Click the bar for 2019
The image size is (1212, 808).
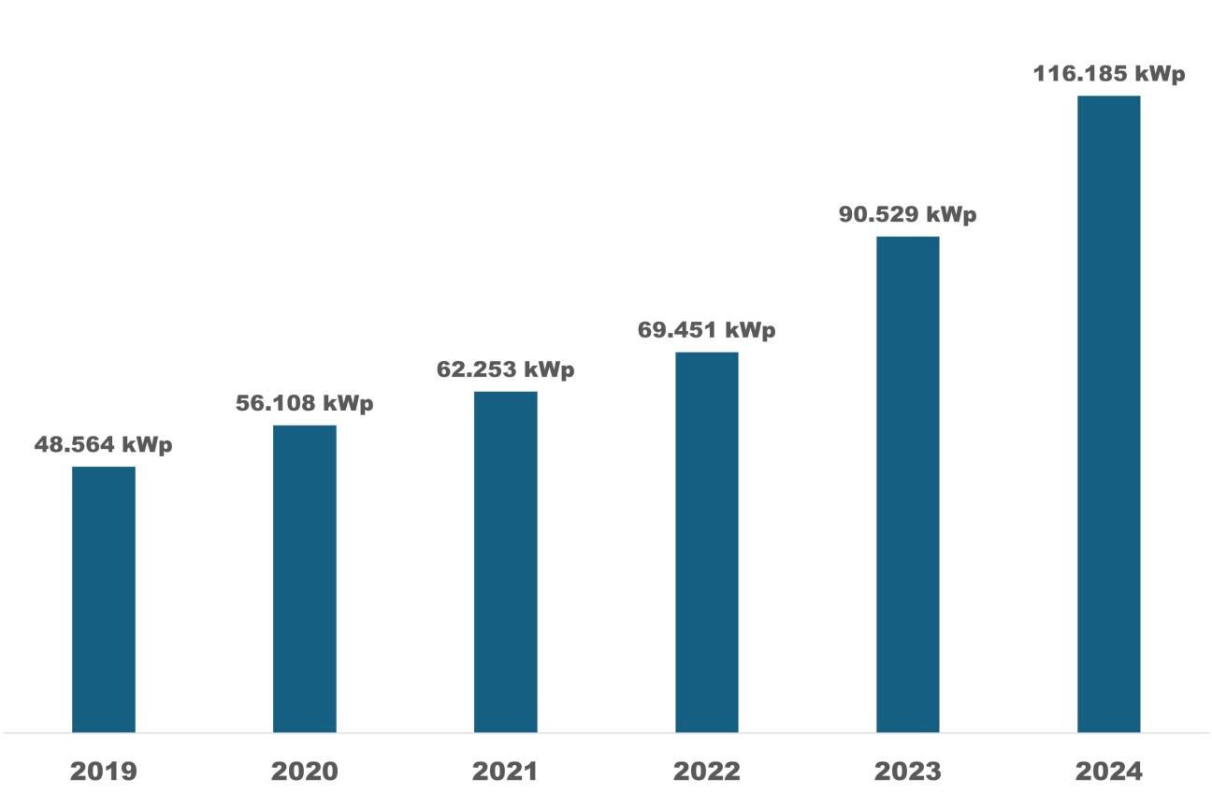click(x=104, y=599)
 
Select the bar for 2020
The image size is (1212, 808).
click(x=305, y=578)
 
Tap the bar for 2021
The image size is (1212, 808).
click(x=506, y=561)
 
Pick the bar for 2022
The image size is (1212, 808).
click(x=707, y=541)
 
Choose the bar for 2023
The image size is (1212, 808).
click(x=908, y=483)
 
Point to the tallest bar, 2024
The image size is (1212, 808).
click(x=1109, y=413)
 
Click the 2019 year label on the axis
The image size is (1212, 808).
click(x=104, y=772)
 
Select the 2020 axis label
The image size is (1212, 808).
click(x=305, y=772)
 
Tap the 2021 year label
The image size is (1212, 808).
click(x=506, y=772)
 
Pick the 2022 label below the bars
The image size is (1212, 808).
click(x=707, y=772)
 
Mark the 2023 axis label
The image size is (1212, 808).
click(x=908, y=772)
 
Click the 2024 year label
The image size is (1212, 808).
click(x=1109, y=772)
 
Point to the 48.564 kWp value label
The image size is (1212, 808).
click(x=104, y=445)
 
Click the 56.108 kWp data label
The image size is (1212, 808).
click(x=305, y=404)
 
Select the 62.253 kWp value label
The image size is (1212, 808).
click(x=506, y=369)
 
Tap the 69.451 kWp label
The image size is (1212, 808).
click(x=707, y=330)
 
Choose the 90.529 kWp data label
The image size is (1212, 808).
click(x=908, y=215)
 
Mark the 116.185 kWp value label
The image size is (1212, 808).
click(x=1109, y=74)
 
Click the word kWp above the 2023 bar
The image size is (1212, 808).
click(x=951, y=215)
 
